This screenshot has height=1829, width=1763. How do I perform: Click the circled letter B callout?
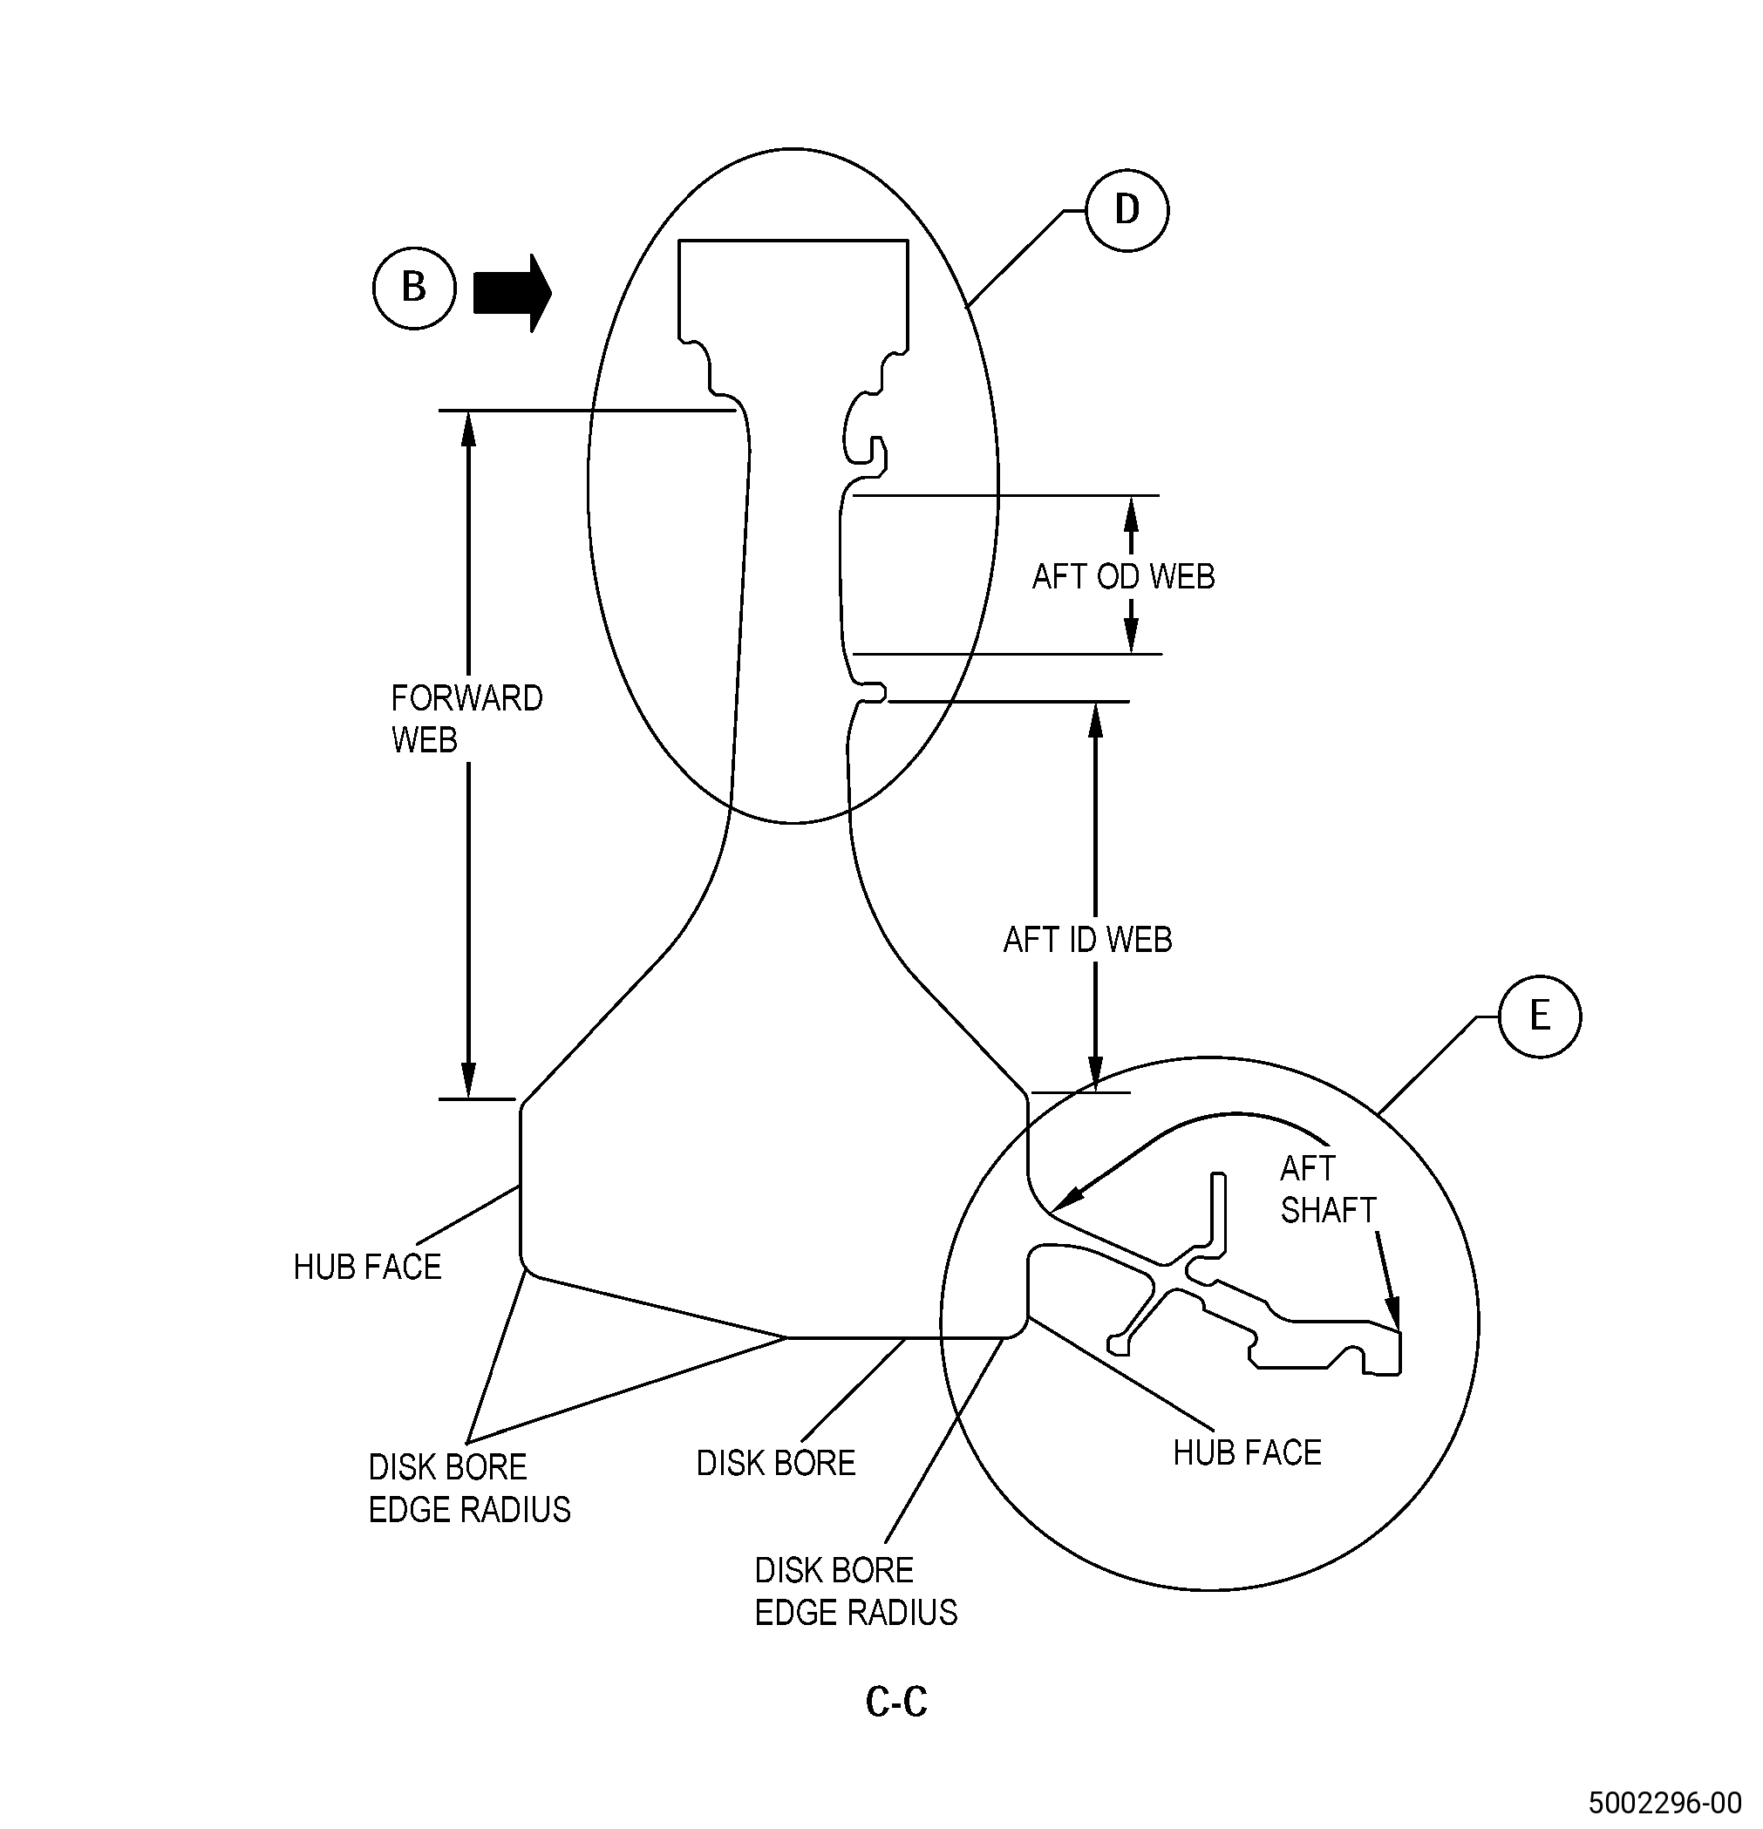(x=414, y=288)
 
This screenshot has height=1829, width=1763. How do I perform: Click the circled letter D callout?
(x=1127, y=209)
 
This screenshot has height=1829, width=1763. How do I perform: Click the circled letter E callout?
(x=1540, y=1016)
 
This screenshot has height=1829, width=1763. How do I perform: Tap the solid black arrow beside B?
(x=513, y=293)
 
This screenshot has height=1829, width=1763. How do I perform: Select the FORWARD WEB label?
(x=466, y=718)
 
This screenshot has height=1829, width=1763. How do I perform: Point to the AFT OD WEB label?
(x=1124, y=577)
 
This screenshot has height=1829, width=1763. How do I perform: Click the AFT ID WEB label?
(x=1087, y=940)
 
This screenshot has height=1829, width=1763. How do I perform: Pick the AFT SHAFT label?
(x=1328, y=1189)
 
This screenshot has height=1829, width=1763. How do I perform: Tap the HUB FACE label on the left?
(x=367, y=1267)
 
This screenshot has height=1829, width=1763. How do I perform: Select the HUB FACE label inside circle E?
(x=1247, y=1452)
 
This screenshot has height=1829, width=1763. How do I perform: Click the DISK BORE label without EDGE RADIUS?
(x=776, y=1462)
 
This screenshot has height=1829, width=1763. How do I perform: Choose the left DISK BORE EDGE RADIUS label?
(x=469, y=1487)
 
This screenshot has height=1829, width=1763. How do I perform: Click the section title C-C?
(x=896, y=1701)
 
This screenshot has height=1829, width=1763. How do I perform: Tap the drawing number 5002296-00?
(x=1665, y=1801)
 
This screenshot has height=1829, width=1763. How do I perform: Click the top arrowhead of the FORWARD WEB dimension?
(x=468, y=429)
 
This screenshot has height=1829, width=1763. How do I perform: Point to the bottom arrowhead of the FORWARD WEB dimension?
(x=468, y=1081)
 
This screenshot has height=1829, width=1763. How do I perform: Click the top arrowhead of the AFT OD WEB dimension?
(x=1131, y=514)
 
